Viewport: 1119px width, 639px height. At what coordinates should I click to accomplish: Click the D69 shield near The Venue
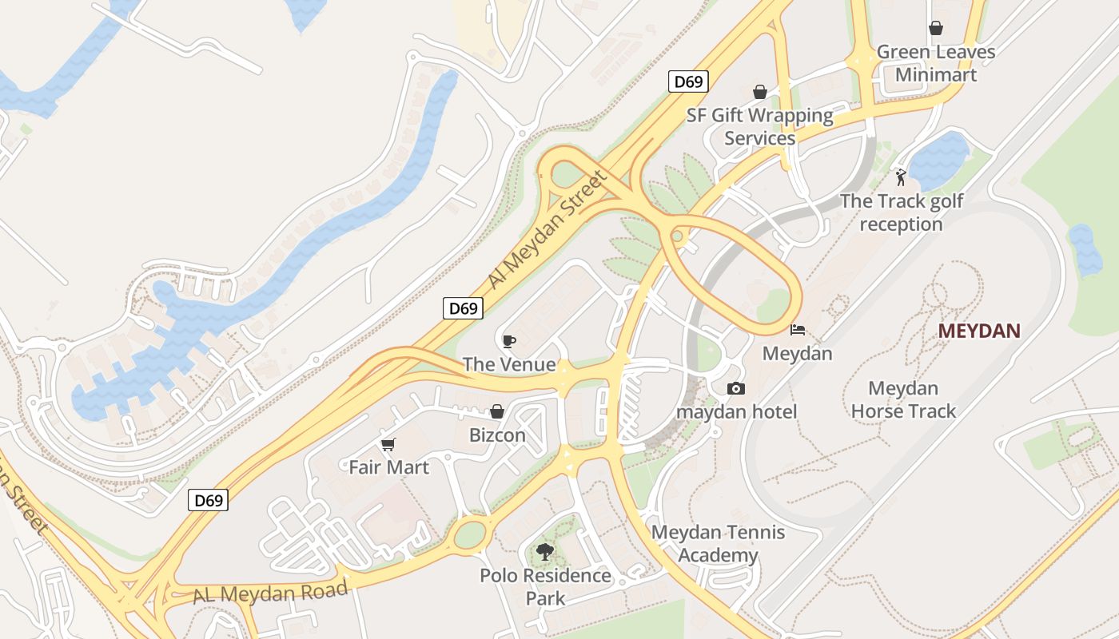pos(464,308)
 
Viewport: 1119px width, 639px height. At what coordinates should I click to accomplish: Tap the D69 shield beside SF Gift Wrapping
pos(688,81)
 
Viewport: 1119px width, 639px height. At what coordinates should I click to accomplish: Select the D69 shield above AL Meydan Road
pos(209,501)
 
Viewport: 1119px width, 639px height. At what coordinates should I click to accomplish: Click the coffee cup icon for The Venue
pos(508,342)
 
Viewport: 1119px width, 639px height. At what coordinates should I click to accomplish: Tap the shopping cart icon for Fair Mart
pos(388,444)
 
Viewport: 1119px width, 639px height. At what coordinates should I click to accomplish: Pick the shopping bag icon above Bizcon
pos(497,411)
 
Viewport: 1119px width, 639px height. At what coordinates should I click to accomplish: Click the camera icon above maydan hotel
pos(736,388)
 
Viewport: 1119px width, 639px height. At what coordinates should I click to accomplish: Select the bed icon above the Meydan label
pos(797,329)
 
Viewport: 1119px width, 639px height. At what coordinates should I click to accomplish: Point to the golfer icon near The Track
pos(901,177)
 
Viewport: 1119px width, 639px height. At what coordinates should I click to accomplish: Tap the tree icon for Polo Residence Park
pos(545,551)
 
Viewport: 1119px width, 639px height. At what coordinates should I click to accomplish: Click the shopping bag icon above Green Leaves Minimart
pos(936,29)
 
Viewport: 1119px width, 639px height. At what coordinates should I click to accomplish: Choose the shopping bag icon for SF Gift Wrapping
pos(759,92)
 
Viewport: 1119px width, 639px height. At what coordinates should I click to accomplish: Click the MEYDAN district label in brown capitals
pos(979,331)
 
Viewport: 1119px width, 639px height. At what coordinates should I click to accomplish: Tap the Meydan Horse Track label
pos(903,400)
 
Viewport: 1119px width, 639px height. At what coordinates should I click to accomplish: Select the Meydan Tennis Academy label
pos(718,544)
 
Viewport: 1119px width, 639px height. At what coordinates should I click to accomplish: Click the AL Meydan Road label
pos(270,593)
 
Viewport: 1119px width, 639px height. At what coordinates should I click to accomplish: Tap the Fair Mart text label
pos(389,467)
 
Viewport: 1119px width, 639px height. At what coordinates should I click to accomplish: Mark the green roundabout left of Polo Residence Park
pos(470,534)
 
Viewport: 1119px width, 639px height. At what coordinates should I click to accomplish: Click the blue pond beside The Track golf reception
pos(939,160)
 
